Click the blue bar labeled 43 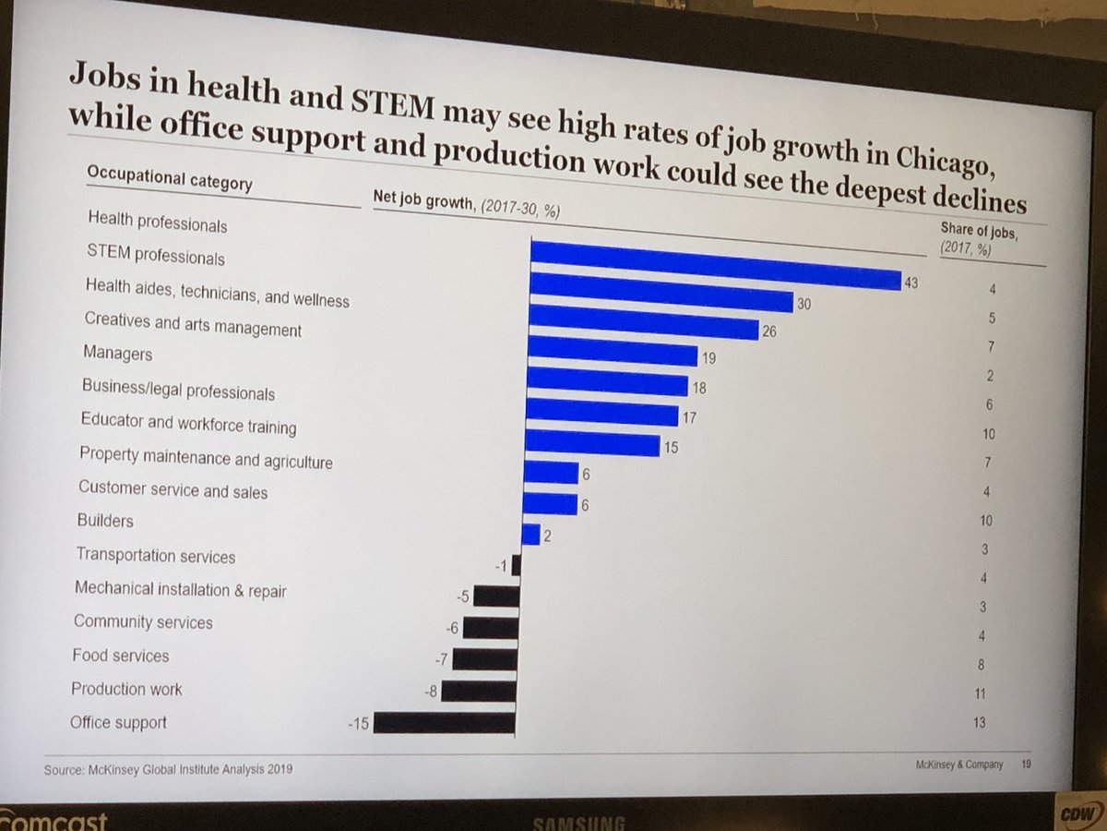coord(715,267)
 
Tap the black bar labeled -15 coord(444,721)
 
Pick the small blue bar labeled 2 coord(530,535)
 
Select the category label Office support coord(118,722)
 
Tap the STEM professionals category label coord(156,256)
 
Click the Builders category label coord(105,521)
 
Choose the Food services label coord(121,656)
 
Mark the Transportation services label coord(156,556)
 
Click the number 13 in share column coord(978,722)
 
